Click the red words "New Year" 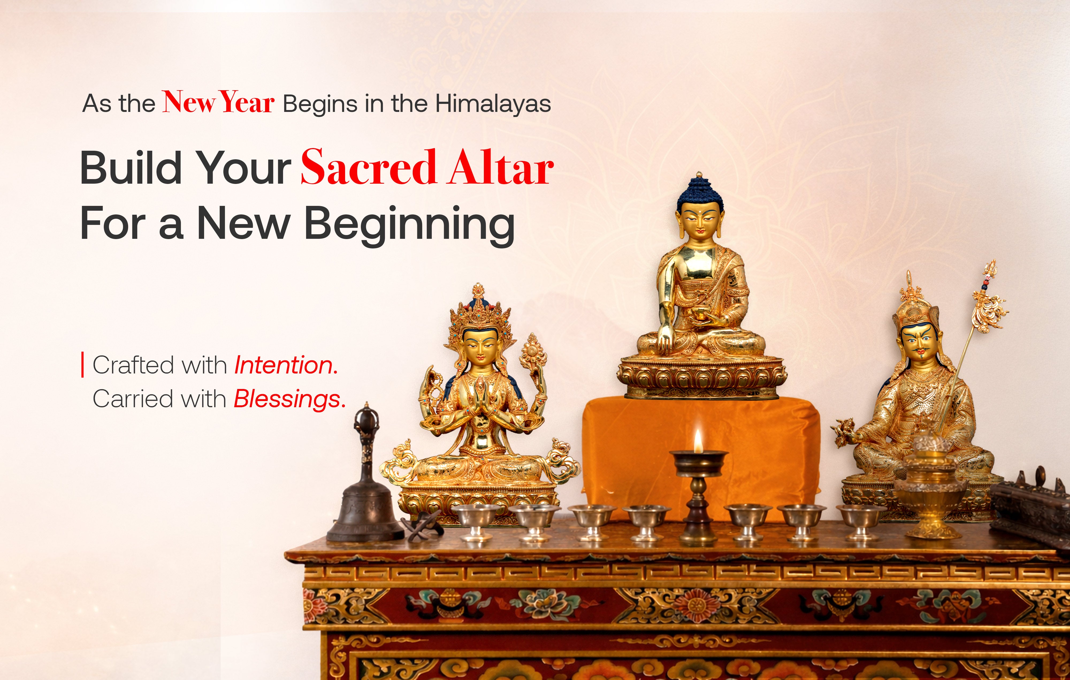pyautogui.click(x=218, y=102)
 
